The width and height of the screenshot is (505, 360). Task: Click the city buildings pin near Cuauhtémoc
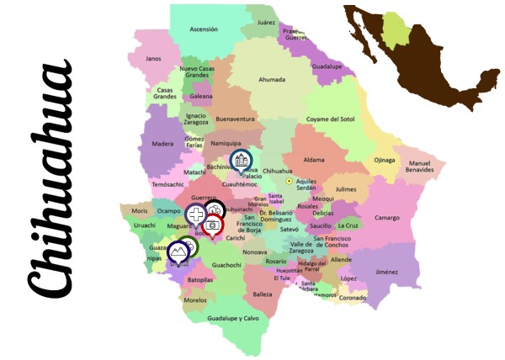(x=241, y=159)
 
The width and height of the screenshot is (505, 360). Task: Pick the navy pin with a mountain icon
(x=178, y=251)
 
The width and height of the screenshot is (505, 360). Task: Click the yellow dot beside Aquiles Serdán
(x=290, y=181)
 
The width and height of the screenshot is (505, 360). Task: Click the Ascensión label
(x=204, y=29)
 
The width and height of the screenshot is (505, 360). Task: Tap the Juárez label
(x=267, y=23)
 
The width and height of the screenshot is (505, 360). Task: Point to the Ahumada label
(x=272, y=80)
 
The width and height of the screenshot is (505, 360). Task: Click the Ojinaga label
(x=384, y=160)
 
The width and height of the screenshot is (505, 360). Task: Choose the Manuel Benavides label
(x=419, y=166)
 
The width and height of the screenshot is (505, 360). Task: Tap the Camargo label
(x=387, y=218)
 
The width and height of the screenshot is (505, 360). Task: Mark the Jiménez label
(x=386, y=272)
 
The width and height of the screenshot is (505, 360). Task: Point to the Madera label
(x=162, y=144)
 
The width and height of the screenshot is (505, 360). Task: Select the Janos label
(x=152, y=59)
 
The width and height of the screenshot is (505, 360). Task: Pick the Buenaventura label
(x=235, y=119)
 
